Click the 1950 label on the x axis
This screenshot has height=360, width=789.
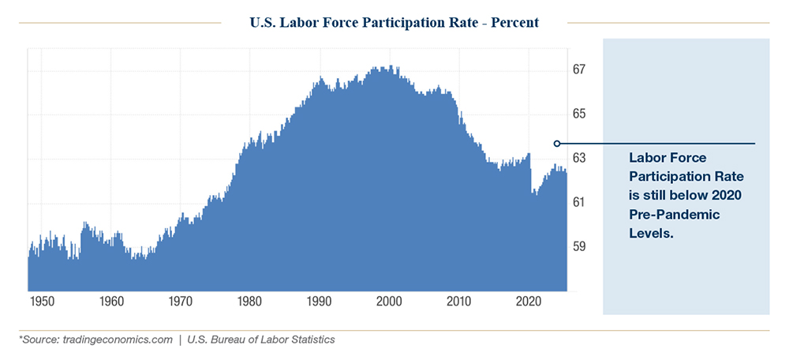tap(42, 302)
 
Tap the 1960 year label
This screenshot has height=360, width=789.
tap(111, 302)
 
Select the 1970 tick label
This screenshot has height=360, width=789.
tap(181, 302)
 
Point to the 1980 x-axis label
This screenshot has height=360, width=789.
tap(250, 302)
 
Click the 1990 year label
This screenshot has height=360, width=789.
tap(320, 302)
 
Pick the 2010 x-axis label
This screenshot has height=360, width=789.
tap(458, 302)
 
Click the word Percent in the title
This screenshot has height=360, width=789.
tap(514, 23)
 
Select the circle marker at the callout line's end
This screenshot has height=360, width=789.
tap(557, 144)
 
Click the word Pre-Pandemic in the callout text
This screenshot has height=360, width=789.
tap(665, 215)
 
